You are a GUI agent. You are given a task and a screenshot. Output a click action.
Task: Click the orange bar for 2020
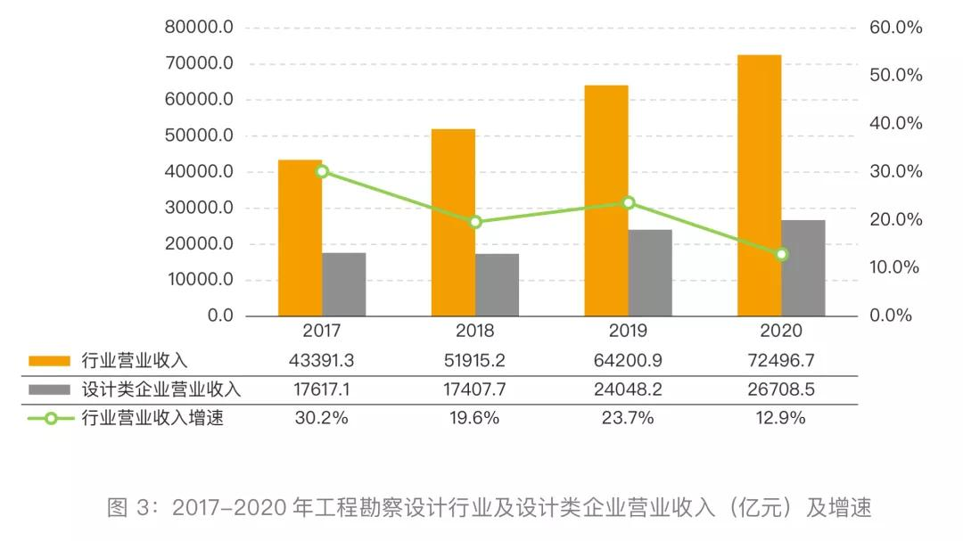[759, 185]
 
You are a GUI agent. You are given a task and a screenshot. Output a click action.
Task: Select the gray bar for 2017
[344, 284]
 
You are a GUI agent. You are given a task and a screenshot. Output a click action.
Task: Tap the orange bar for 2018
[453, 223]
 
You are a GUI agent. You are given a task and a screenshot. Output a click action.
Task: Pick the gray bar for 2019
[650, 273]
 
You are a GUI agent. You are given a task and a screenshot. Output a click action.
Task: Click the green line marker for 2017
[322, 171]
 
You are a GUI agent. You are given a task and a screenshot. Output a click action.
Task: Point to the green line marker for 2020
[782, 255]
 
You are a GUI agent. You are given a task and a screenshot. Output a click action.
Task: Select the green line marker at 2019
[629, 202]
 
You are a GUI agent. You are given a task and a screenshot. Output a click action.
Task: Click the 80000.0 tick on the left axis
[199, 28]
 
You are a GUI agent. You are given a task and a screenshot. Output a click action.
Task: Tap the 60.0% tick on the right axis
[895, 28]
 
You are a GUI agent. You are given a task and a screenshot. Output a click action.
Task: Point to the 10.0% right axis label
[895, 267]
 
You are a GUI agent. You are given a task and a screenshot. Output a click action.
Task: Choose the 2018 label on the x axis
[475, 332]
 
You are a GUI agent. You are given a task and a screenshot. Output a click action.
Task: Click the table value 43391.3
[322, 361]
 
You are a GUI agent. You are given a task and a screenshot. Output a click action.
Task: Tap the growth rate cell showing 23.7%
[628, 418]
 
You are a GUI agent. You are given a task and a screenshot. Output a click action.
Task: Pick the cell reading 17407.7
[475, 389]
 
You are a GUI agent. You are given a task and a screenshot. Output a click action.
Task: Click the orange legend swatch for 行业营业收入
[49, 361]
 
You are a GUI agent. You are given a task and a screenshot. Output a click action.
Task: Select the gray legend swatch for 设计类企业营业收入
[49, 389]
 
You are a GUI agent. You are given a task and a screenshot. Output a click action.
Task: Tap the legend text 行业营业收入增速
[152, 418]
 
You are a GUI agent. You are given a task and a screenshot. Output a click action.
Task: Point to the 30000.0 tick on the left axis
[199, 208]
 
